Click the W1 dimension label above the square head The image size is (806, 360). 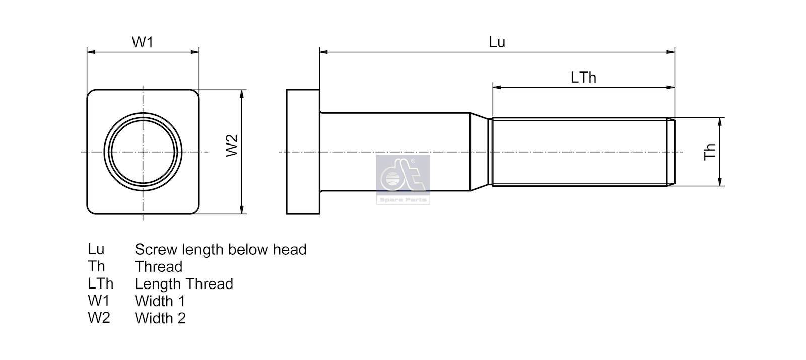tap(143, 42)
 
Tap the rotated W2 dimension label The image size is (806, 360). tap(232, 146)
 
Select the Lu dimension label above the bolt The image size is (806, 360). tap(497, 42)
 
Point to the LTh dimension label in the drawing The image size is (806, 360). tap(583, 78)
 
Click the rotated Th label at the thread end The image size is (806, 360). tap(710, 152)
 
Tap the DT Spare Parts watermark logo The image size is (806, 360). tap(403, 179)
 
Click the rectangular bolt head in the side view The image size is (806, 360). tap(303, 152)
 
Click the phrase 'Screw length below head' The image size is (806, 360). tap(221, 250)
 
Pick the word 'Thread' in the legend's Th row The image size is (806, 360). tap(159, 267)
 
